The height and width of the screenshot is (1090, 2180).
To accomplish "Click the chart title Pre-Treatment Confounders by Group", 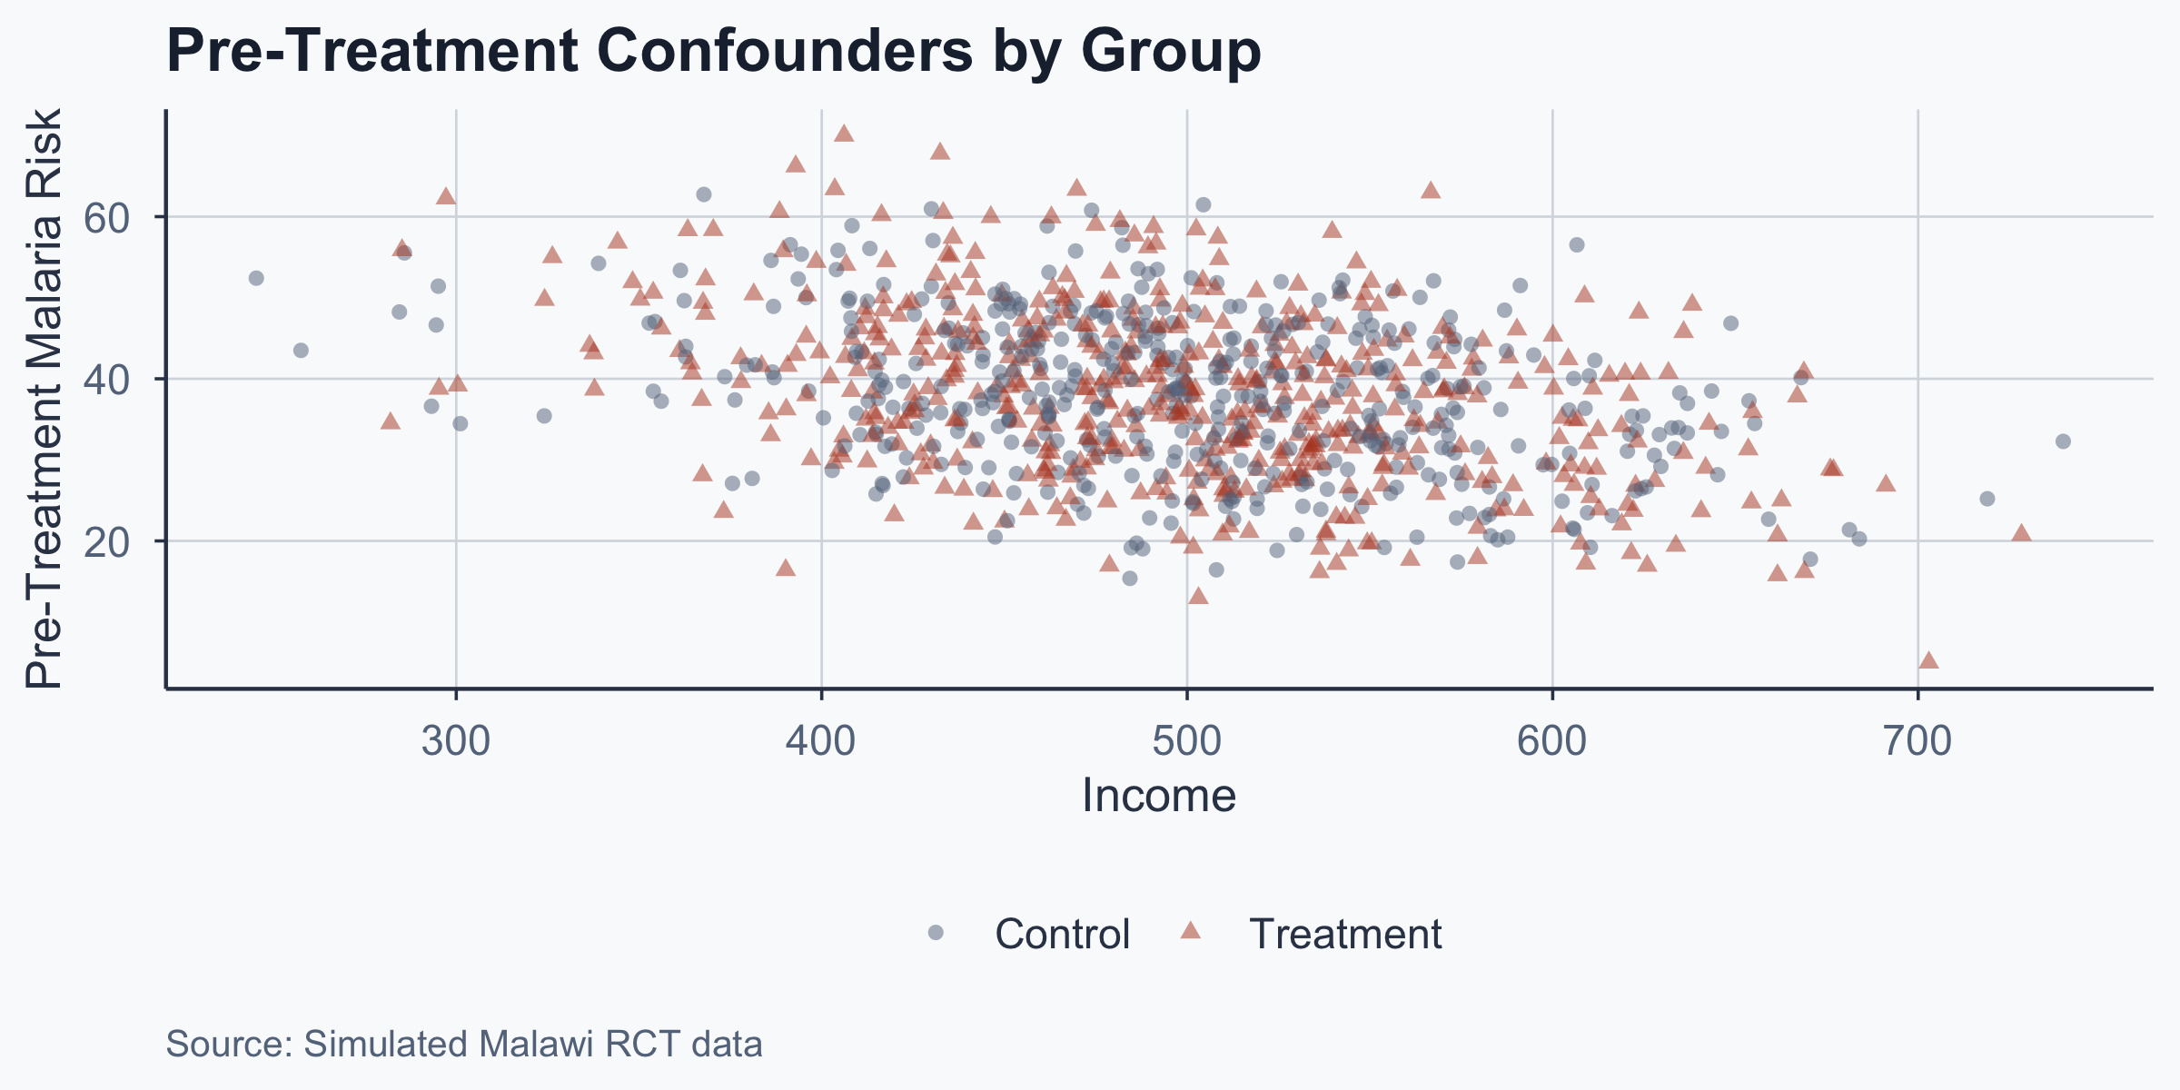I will pyautogui.click(x=713, y=51).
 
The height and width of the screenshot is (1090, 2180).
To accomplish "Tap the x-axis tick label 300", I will pyautogui.click(x=456, y=741).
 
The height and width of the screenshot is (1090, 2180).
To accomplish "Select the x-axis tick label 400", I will pyautogui.click(x=821, y=741).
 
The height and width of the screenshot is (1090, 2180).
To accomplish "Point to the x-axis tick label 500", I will pyautogui.click(x=1187, y=741).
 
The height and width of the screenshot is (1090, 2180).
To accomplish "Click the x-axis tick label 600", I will pyautogui.click(x=1552, y=741).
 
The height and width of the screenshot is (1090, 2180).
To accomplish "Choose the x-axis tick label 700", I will pyautogui.click(x=1917, y=741).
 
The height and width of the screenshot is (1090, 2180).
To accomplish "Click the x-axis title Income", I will pyautogui.click(x=1159, y=796).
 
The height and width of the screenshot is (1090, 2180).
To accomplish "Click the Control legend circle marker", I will pyautogui.click(x=936, y=933).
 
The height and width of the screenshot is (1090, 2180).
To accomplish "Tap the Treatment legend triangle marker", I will pyautogui.click(x=1190, y=931).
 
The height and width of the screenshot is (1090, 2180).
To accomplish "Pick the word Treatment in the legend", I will pyautogui.click(x=1345, y=934).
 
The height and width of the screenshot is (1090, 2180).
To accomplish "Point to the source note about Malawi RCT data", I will pyautogui.click(x=464, y=1045).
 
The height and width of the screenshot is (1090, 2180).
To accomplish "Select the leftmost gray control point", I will pyautogui.click(x=256, y=278).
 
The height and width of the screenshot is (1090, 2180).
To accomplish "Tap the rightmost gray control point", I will pyautogui.click(x=2063, y=441).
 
